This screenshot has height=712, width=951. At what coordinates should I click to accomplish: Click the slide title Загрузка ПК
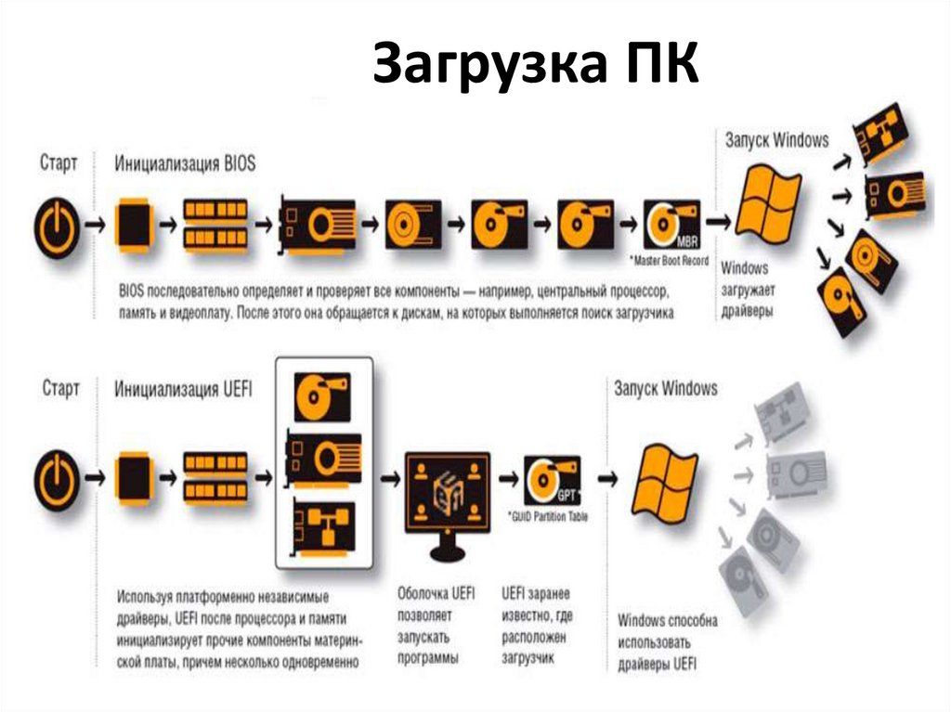pos(535,66)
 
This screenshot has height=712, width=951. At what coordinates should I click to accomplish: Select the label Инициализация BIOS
pos(185,163)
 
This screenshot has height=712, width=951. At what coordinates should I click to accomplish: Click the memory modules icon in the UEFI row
pos(215,476)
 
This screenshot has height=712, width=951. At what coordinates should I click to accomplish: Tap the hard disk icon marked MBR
pos(671,225)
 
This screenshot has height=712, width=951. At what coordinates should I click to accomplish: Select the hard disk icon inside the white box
pos(322,396)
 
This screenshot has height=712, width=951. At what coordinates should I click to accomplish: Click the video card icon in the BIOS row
pos(318,225)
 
